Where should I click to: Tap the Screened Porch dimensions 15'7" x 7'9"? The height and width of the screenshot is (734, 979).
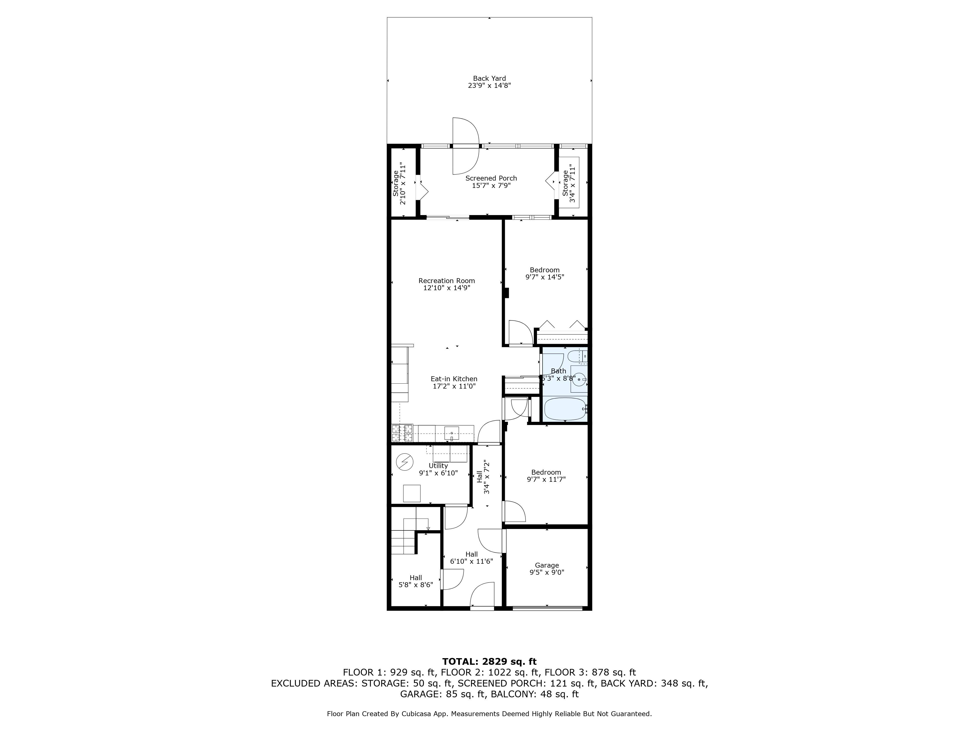click(491, 186)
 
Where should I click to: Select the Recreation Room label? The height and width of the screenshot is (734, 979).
click(447, 280)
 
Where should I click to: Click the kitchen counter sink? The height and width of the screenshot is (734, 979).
click(451, 433)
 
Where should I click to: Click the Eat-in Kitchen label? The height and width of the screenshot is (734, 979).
click(454, 379)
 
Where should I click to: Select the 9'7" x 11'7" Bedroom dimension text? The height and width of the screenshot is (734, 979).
click(546, 479)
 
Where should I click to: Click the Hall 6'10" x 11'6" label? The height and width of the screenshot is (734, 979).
click(471, 557)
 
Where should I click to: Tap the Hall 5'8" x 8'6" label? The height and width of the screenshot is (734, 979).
click(416, 581)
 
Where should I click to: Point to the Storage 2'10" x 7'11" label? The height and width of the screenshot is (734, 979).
click(399, 183)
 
